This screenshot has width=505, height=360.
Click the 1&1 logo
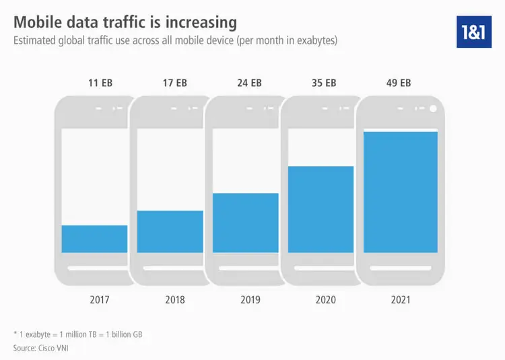pos(474,30)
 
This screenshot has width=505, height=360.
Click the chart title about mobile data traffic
pos(125,22)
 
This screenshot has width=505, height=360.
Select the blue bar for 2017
pos(94,239)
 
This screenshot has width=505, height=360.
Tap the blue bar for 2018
pos(170,231)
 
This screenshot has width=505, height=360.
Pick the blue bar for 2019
pos(245,223)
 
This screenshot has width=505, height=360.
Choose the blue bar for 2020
pos(321,209)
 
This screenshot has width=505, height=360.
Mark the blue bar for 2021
pos(401,192)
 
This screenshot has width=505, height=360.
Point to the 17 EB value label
pos(174,83)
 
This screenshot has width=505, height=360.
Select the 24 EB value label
pos(250,83)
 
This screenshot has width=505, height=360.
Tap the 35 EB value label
pos(325,83)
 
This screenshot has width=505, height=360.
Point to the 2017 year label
pos(99,299)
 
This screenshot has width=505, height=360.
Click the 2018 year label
pos(174,299)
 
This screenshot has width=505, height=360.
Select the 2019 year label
pos(250,299)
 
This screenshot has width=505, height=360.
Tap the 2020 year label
pos(325,299)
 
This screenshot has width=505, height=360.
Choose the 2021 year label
pos(401,299)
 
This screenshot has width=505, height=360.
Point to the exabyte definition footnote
pos(77,334)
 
